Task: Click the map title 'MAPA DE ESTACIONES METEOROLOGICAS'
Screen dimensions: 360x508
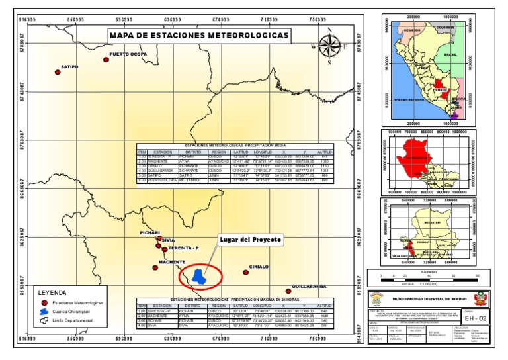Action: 198,35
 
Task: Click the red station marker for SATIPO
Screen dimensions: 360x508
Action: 58,73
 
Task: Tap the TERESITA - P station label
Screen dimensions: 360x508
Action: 183,248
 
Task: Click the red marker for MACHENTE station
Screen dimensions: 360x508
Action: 155,267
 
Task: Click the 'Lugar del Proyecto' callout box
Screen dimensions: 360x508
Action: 251,238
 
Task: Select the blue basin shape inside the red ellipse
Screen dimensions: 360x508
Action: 198,276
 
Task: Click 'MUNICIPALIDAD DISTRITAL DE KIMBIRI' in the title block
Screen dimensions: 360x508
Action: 429,299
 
